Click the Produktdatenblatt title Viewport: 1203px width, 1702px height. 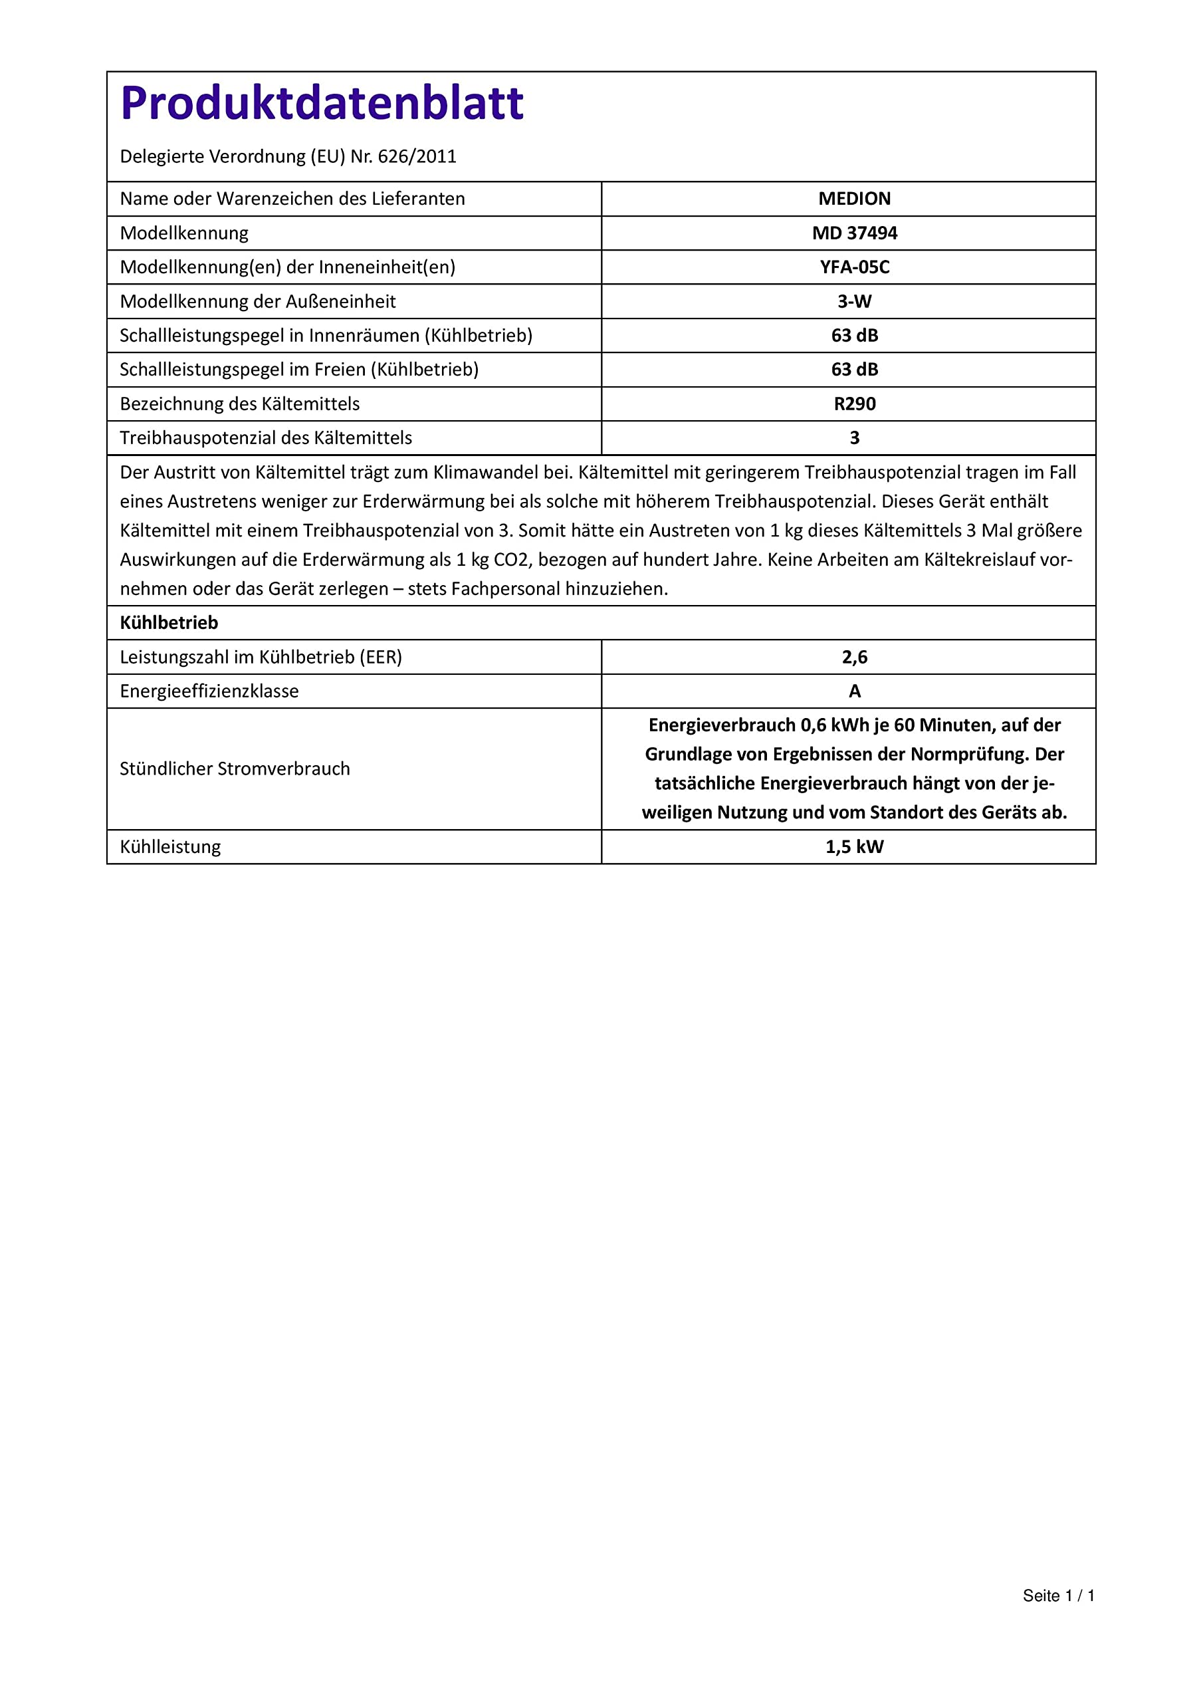(322, 103)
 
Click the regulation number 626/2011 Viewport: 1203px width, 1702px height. (417, 156)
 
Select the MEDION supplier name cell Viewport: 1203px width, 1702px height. (854, 199)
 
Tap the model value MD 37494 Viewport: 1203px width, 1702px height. (854, 233)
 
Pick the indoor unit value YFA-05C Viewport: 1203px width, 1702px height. (854, 267)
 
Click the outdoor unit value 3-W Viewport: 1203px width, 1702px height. (854, 301)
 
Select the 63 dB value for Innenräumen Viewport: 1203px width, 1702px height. (854, 335)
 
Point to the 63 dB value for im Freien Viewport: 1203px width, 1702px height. (854, 369)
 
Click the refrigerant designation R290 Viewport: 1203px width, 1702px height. (854, 404)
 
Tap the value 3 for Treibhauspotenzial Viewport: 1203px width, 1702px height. (854, 437)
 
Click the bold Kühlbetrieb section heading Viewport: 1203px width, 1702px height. (169, 623)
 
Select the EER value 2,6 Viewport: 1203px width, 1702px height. (854, 657)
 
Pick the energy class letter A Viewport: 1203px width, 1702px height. (854, 691)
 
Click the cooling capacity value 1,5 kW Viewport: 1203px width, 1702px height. (854, 846)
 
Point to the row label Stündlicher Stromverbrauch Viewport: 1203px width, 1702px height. (235, 769)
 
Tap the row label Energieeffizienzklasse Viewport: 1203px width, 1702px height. (209, 691)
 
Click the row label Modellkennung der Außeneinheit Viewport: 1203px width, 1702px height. (258, 301)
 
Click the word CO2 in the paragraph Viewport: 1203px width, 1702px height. (512, 560)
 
